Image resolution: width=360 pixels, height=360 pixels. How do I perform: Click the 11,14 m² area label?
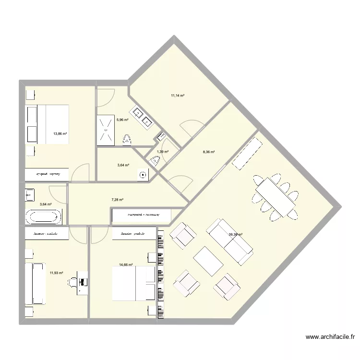click(x=178, y=96)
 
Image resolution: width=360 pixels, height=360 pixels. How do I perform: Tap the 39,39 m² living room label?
click(x=236, y=235)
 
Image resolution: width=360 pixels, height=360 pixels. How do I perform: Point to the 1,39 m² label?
click(x=163, y=152)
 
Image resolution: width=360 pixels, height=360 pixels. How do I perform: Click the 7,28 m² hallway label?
click(x=118, y=200)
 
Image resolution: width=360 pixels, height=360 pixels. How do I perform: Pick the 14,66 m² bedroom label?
click(x=126, y=264)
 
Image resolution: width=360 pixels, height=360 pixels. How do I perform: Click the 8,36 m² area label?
click(x=209, y=152)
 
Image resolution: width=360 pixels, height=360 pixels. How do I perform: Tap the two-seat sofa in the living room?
click(x=230, y=242)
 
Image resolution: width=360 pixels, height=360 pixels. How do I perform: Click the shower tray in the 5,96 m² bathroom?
click(x=106, y=130)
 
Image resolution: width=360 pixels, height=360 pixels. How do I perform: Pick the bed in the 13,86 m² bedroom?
click(x=48, y=124)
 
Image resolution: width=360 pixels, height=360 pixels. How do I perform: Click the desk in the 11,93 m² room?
click(x=83, y=282)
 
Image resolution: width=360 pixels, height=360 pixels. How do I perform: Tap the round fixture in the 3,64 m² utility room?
click(x=143, y=176)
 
